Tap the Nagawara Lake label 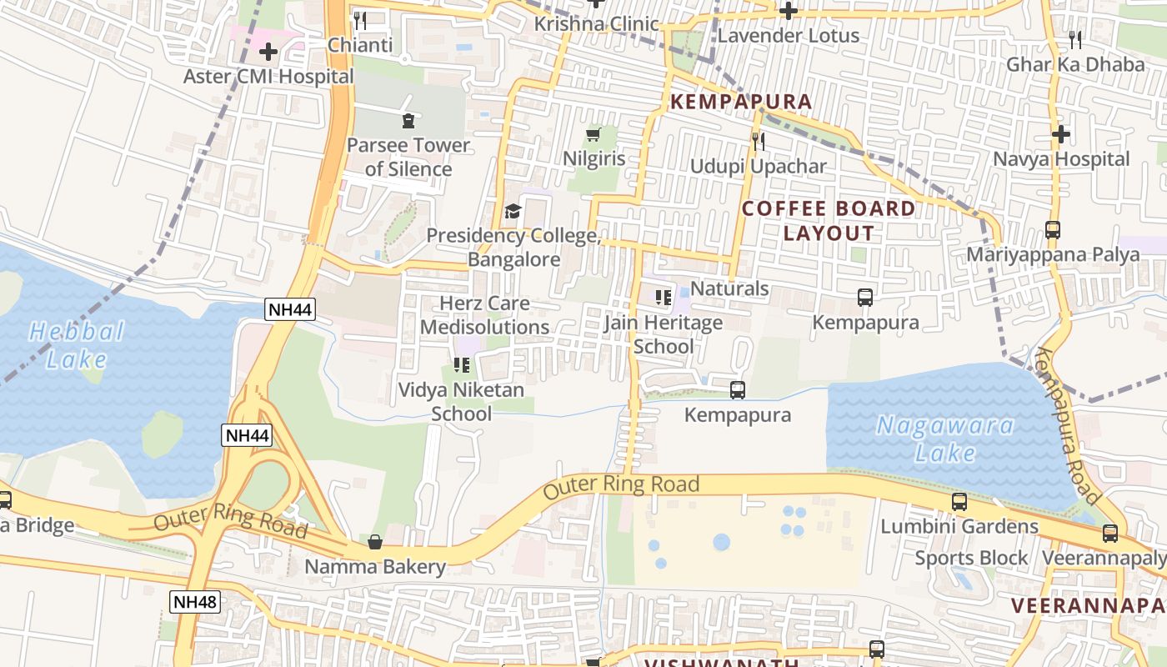[945, 439]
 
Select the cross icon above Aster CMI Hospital [268, 52]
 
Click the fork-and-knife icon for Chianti [360, 21]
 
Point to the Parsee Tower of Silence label [408, 157]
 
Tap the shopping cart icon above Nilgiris [594, 134]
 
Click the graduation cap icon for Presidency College [513, 212]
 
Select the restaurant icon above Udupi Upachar [758, 142]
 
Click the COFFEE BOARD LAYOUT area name [829, 221]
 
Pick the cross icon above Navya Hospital [1060, 134]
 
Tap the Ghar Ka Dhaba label [1075, 64]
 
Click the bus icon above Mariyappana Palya [1053, 230]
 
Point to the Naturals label [729, 288]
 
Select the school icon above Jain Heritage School [663, 297]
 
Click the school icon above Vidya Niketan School [461, 364]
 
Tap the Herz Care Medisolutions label [484, 315]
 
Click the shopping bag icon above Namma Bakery [375, 542]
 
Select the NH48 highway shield [195, 602]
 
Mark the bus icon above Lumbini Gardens [959, 502]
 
